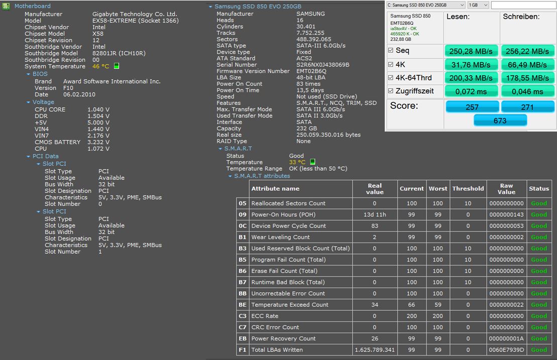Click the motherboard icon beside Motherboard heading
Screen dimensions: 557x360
pos(6,6)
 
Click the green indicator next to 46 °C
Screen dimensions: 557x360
pos(117,66)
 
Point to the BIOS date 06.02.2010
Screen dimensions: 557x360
pos(79,94)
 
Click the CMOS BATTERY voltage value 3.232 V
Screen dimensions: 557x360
pos(98,142)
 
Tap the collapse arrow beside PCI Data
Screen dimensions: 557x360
pos(29,157)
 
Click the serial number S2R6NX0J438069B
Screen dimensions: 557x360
pos(323,65)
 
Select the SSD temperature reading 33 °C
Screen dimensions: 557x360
pos(297,162)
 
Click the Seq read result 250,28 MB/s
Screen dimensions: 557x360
pos(471,52)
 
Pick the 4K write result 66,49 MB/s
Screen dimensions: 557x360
pos(527,65)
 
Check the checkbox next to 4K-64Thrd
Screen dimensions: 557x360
pos(391,78)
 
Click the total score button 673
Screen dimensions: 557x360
pos(500,121)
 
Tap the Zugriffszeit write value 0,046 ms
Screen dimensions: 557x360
pos(527,91)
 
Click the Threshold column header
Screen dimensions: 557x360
pos(468,188)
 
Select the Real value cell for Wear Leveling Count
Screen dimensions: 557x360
pos(374,237)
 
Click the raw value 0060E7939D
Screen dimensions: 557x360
pos(506,349)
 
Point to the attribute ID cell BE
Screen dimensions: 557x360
pos(243,305)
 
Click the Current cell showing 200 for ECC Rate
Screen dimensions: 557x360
pos(412,316)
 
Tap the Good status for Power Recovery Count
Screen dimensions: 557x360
pos(539,339)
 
